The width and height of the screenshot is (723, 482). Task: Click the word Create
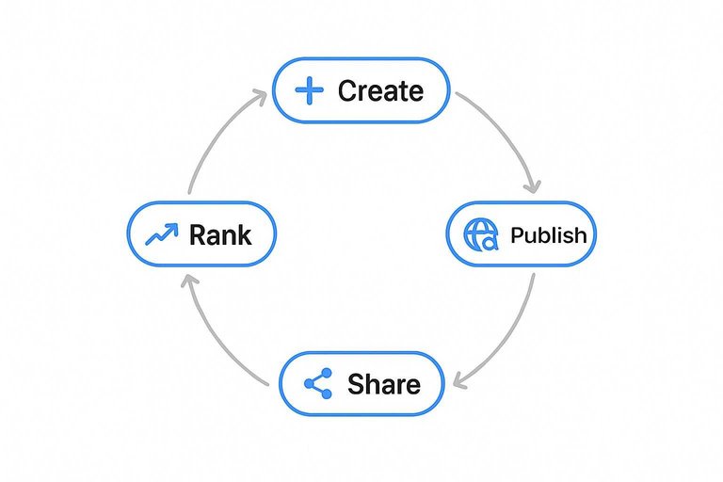tap(380, 91)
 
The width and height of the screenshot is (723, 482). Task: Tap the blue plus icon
tap(308, 90)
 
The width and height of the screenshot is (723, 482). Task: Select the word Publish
tap(548, 235)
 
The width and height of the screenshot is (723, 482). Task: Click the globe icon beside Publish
tap(480, 235)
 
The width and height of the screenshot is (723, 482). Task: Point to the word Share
tap(383, 384)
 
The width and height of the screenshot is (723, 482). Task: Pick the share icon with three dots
tap(319, 384)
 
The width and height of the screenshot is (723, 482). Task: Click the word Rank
tap(220, 234)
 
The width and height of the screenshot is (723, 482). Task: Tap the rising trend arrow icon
tap(161, 234)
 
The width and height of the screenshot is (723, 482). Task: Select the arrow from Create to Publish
tap(508, 132)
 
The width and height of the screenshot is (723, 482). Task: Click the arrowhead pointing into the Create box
tap(259, 93)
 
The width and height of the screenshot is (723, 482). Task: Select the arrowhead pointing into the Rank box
tap(189, 281)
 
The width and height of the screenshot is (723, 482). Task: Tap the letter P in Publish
tap(516, 235)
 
